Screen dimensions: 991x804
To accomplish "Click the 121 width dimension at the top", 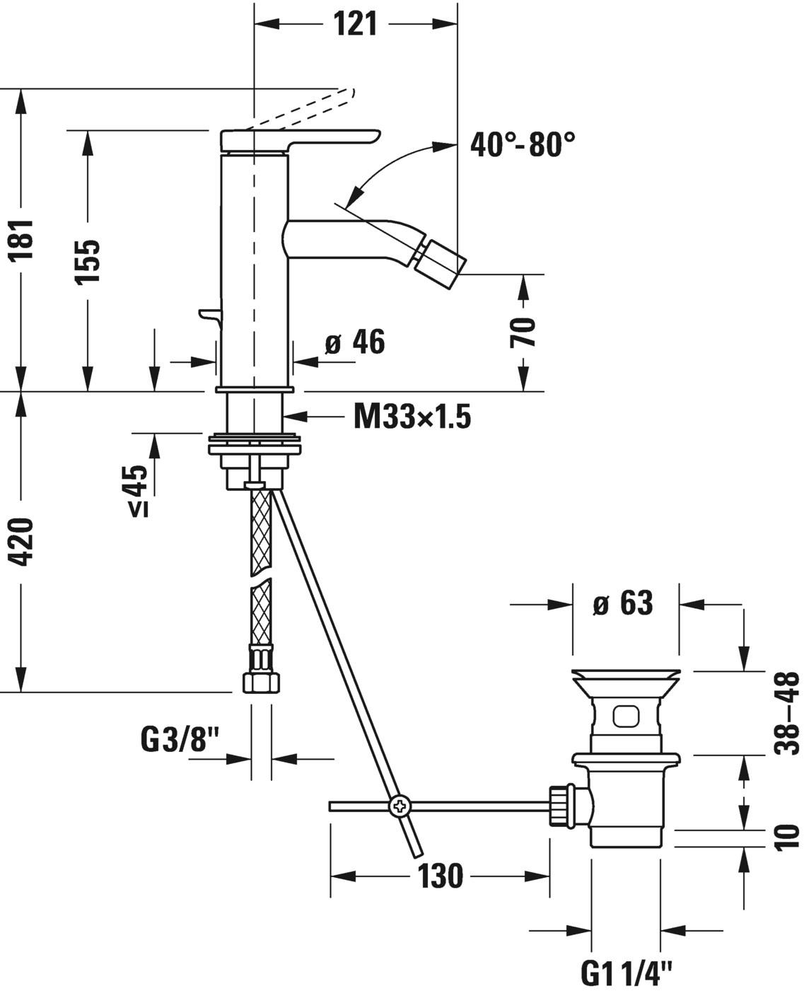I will pos(355,24).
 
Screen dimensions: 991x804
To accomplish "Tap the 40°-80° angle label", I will pos(523,146).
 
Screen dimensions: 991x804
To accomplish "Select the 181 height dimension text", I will pos(23,240).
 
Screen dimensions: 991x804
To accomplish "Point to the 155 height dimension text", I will pos(88,261).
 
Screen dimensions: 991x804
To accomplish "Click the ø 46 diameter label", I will pos(355,343).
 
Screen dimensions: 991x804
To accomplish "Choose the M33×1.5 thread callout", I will pos(412,417).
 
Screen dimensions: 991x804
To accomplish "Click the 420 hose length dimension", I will pos(23,542).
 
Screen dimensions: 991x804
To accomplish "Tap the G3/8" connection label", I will pos(181,741).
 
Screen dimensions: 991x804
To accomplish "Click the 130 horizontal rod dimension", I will pos(440,876).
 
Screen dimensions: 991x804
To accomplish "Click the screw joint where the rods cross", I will pos(400,806).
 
